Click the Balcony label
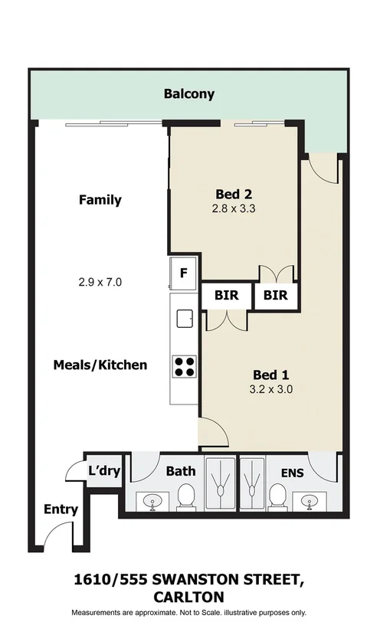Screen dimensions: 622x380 tap(188, 95)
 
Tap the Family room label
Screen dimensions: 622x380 tap(100, 200)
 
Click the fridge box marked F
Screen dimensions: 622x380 tap(184, 272)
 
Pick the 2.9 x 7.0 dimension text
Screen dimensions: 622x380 tap(100, 282)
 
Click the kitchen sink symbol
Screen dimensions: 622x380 tap(184, 317)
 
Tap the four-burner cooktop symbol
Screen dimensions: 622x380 tap(184, 366)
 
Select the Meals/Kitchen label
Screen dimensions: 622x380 tap(100, 365)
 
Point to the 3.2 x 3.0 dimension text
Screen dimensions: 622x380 tap(270, 389)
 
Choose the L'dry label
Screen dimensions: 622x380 tap(104, 470)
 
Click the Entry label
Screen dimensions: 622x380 tap(61, 509)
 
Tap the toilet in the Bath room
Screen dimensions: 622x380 tap(185, 499)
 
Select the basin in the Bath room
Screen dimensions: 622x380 tap(152, 502)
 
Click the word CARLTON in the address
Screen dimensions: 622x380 tap(188, 596)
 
